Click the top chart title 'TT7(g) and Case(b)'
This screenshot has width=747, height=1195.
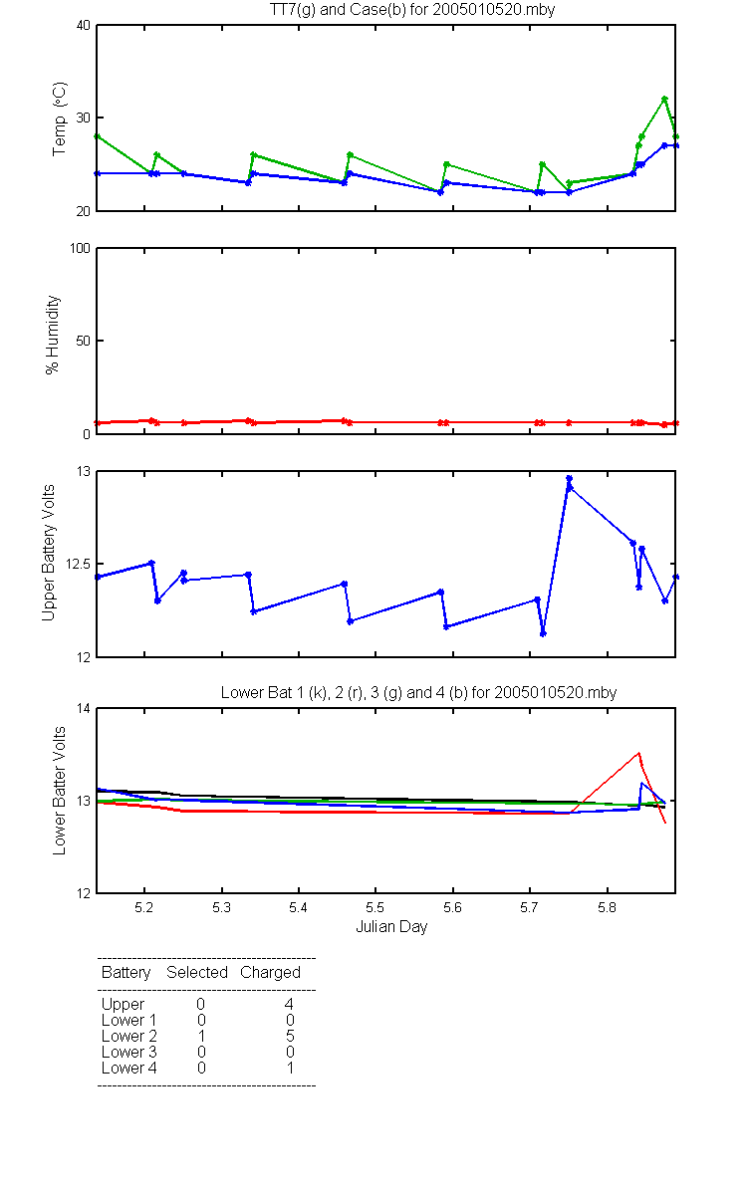[x=338, y=10]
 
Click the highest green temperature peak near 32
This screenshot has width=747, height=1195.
[x=664, y=99]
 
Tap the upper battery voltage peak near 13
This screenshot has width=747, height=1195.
[x=569, y=479]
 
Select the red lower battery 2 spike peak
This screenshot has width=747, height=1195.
[x=638, y=753]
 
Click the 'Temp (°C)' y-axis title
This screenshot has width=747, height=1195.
[x=59, y=119]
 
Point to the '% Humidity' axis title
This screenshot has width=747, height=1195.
[x=52, y=335]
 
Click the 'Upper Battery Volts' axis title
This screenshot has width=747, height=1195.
[x=48, y=553]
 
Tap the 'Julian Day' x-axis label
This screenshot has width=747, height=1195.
[x=391, y=927]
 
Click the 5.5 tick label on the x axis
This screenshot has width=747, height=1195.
[x=375, y=907]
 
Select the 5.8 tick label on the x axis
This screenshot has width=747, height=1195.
[x=607, y=907]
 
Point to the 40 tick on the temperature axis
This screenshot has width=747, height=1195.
[x=84, y=25]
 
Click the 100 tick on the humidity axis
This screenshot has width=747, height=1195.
[x=80, y=248]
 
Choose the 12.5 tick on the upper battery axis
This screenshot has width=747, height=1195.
[x=78, y=564]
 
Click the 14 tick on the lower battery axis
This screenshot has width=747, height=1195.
[x=84, y=708]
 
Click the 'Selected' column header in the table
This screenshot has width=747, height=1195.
[x=197, y=972]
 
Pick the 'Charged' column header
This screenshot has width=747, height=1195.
[x=270, y=973]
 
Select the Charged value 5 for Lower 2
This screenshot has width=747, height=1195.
[x=290, y=1036]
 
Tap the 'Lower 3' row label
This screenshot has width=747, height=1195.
[x=129, y=1052]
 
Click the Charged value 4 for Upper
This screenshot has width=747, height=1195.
[x=289, y=1004]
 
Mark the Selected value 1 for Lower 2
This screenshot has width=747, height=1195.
[x=201, y=1036]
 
